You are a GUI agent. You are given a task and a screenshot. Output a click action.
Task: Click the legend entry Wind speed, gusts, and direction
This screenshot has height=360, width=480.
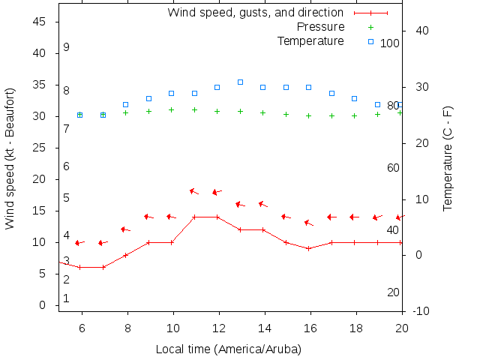(x=255, y=13)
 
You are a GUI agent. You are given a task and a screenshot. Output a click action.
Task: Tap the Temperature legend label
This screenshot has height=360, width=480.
(x=310, y=40)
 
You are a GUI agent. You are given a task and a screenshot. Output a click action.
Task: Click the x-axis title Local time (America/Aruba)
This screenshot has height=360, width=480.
(x=229, y=349)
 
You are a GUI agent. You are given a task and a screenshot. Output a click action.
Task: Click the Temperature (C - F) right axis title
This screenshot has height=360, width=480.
(x=448, y=157)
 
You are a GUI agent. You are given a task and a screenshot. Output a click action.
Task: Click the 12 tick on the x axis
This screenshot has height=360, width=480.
(x=218, y=327)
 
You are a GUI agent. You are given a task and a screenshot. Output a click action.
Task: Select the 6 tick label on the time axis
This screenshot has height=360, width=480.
(x=81, y=327)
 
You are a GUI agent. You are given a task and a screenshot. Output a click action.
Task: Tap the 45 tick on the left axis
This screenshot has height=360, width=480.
(x=40, y=22)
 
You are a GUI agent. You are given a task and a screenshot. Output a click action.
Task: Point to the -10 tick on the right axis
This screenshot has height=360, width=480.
(x=421, y=310)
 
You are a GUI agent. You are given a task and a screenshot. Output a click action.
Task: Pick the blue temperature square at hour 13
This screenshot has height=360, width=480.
(x=240, y=82)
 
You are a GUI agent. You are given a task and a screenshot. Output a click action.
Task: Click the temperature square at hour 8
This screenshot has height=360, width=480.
(x=126, y=104)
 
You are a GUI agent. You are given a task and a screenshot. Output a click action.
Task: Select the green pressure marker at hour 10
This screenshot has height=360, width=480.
(x=172, y=109)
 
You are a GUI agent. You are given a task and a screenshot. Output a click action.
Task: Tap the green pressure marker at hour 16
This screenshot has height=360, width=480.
(x=309, y=115)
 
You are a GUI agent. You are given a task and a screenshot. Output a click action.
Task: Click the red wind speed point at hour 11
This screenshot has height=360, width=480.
(x=194, y=217)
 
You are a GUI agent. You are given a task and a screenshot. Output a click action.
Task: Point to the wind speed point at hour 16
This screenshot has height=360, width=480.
(x=309, y=248)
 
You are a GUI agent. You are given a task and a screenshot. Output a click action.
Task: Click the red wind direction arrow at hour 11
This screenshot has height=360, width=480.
(x=194, y=191)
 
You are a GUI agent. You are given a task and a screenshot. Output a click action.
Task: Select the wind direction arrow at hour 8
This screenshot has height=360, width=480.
(x=125, y=229)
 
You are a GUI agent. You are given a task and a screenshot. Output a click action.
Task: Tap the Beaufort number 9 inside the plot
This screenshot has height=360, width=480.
(x=66, y=47)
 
